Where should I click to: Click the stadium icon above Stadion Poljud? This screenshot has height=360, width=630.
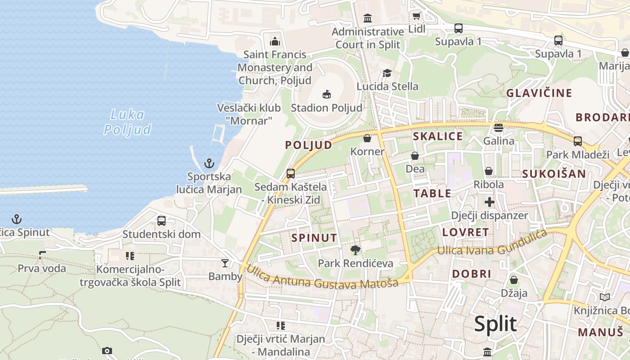tap(327, 94)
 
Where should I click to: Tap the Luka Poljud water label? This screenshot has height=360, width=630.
tap(127, 122)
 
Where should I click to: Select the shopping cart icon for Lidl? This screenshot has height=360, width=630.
tap(416, 16)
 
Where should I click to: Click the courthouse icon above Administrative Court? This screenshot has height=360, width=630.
tap(368, 18)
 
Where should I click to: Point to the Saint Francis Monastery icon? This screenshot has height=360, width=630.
tap(275, 41)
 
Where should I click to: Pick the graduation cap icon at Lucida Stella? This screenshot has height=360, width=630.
tap(387, 73)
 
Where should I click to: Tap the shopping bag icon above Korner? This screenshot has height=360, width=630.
tap(367, 138)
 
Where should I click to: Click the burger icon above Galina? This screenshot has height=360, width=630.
tap(498, 128)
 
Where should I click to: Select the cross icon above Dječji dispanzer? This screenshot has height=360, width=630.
tap(489, 202)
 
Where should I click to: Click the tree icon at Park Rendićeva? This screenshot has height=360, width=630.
tap(355, 250)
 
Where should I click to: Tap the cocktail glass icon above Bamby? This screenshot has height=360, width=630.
tap(225, 263)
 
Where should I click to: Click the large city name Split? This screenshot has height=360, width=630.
tap(495, 324)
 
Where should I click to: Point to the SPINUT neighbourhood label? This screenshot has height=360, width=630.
tap(314, 238)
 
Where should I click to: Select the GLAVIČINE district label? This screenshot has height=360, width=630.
tap(539, 93)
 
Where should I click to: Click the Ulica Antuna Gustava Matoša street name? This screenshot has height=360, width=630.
tap(322, 278)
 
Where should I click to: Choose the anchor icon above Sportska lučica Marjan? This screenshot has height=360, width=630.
tap(209, 163)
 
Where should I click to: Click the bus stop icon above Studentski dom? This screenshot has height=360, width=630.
tap(162, 221)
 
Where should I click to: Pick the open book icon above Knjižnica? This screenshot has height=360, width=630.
tap(605, 297)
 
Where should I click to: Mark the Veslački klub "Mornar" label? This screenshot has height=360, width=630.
tap(249, 114)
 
